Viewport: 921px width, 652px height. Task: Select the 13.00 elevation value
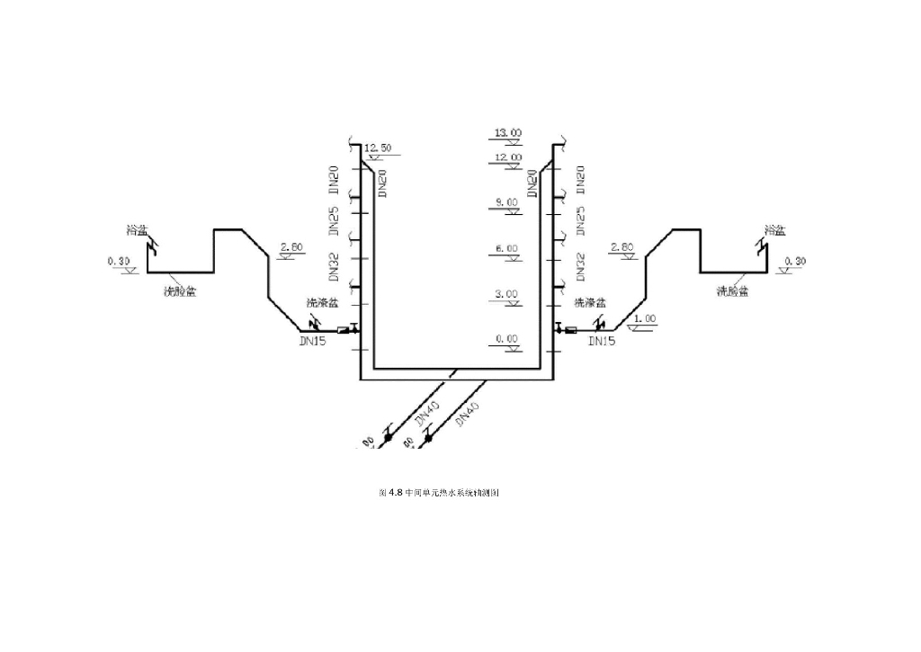[x=507, y=133]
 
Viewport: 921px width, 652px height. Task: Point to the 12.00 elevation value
[x=507, y=157]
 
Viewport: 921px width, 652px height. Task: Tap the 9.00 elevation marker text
[x=505, y=202]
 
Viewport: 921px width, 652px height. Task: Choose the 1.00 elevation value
[x=644, y=318]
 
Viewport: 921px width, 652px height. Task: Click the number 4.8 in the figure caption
[x=394, y=494]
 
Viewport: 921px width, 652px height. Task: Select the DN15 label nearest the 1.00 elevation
[x=602, y=342]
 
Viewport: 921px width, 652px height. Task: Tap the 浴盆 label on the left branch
[x=137, y=230]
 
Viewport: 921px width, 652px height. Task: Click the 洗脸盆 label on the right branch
[x=732, y=290]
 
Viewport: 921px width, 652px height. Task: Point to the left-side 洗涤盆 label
[x=323, y=301]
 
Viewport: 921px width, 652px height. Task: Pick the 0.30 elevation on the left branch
[x=119, y=261]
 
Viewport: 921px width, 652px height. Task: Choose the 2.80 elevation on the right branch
[x=622, y=246]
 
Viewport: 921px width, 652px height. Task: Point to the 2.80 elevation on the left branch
[x=293, y=246]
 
